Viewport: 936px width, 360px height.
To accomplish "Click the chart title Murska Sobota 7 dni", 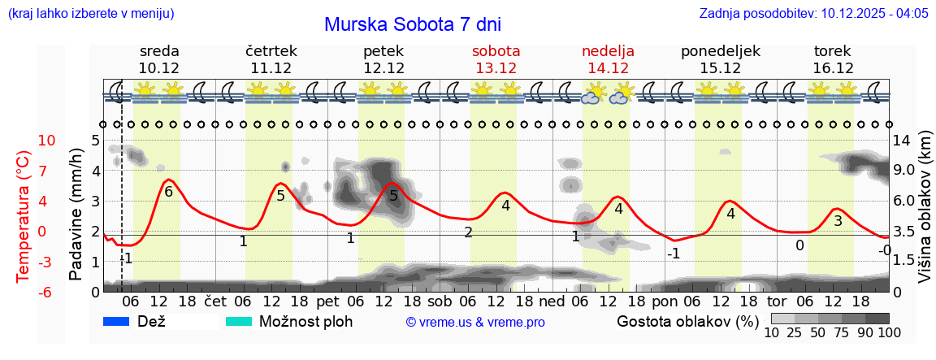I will pos(414,24).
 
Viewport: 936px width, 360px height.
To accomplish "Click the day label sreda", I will pos(159,51).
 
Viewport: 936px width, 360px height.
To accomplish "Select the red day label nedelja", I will pos(608,51).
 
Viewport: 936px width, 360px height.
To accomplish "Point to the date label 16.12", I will pos(833,67).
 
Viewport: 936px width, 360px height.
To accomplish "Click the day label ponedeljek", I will pos(721,51).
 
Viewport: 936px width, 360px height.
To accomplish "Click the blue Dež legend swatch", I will pos(118,321).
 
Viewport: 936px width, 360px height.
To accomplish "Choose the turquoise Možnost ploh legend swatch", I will pos(239,321).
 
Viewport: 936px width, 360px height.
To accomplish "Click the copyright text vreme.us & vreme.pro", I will pos(475,322).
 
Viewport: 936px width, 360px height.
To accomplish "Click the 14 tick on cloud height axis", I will pos(903,141).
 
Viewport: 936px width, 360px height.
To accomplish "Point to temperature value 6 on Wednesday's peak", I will pos(168,192).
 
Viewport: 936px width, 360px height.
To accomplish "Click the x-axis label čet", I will pos(214,301).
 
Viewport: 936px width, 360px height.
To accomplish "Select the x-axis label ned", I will pos(552,301).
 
